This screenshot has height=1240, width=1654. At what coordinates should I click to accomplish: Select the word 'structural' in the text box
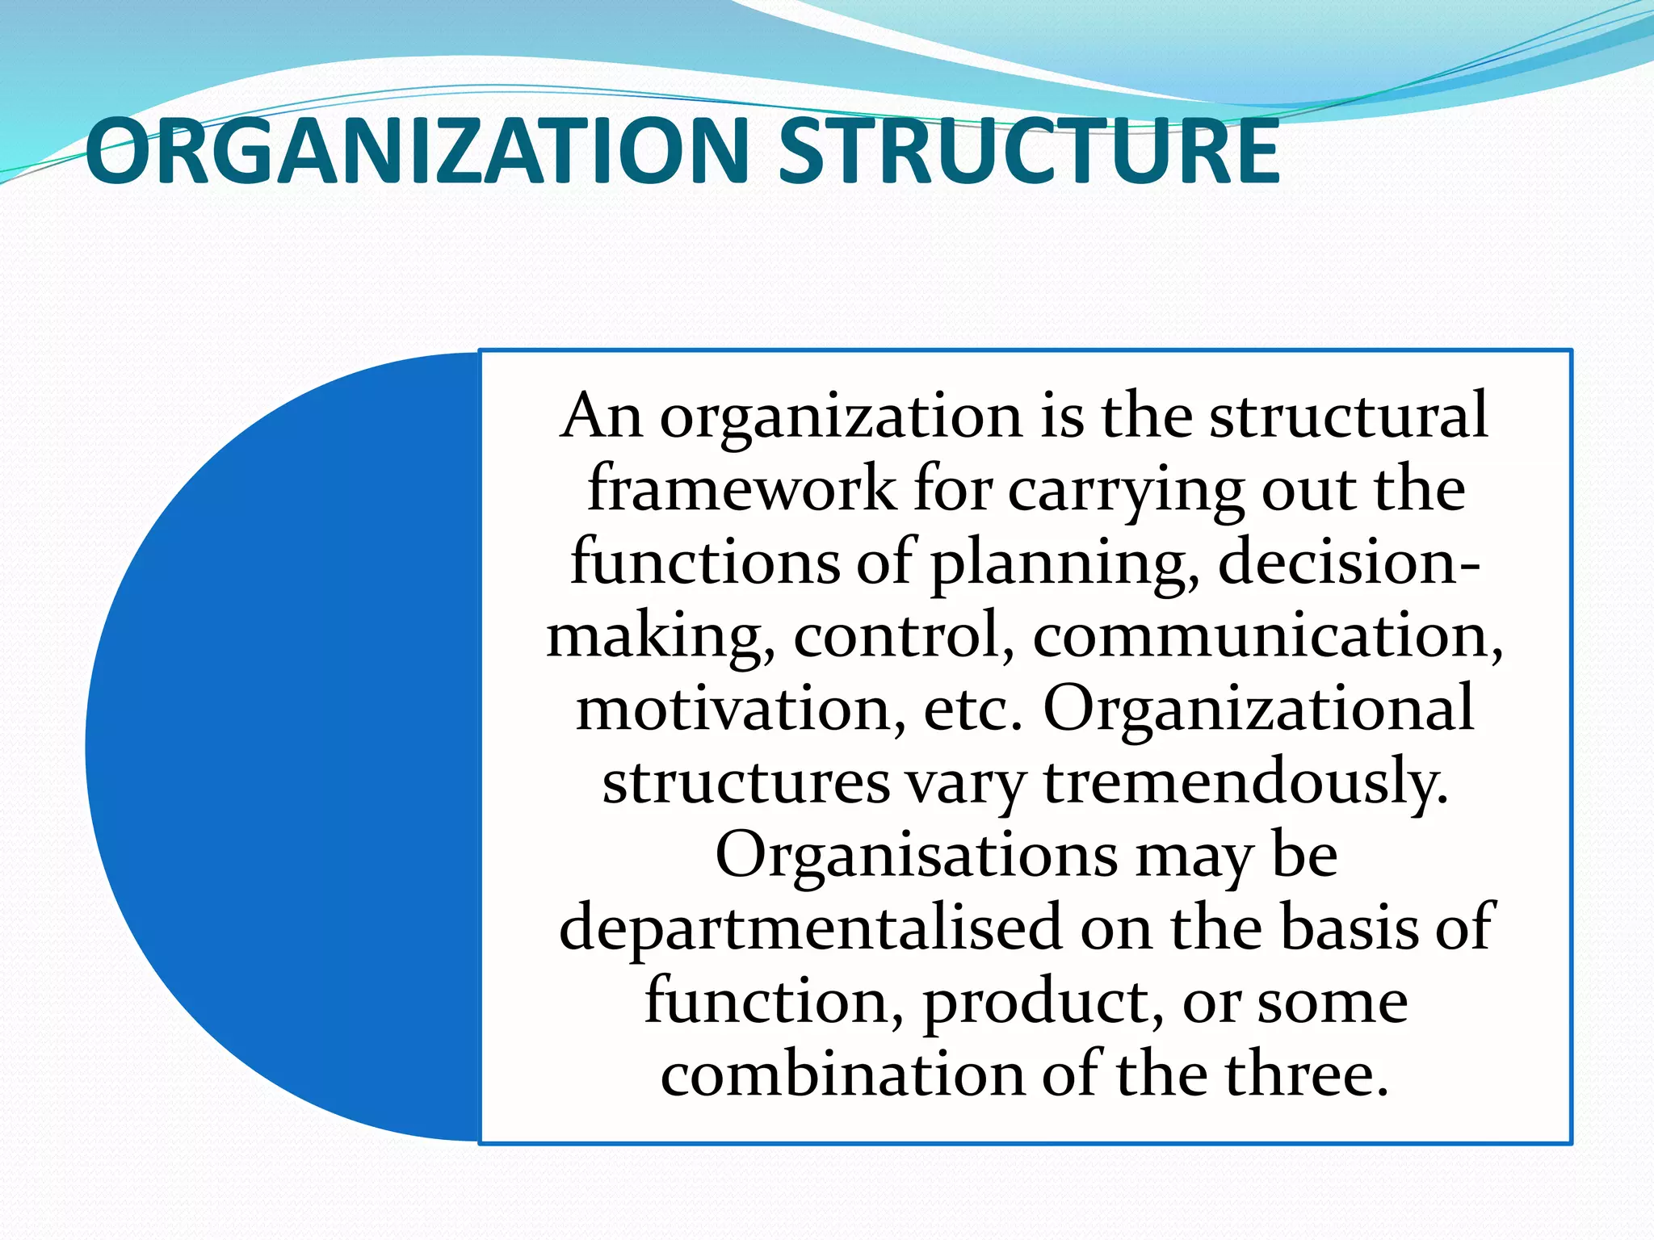(x=1348, y=415)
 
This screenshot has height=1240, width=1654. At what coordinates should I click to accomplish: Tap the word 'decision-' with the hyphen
(x=1350, y=562)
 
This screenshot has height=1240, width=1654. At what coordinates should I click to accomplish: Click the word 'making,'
(x=661, y=636)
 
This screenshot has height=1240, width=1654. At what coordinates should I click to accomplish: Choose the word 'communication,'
(x=1268, y=635)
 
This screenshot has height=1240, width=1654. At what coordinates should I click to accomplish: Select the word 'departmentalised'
(x=810, y=928)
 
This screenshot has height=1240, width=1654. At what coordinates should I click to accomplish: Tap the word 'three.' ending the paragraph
(x=1308, y=1075)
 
